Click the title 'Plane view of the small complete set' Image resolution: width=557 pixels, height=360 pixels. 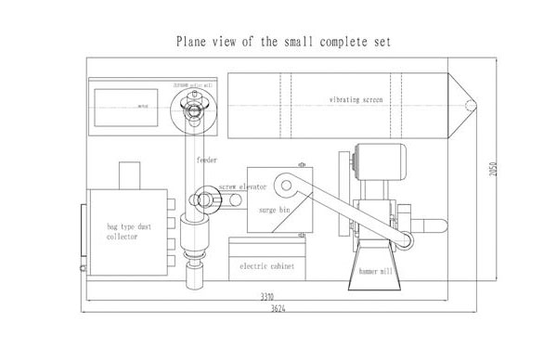tap(278, 42)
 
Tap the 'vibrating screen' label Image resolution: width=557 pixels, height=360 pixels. tap(356, 97)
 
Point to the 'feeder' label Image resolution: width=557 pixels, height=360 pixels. tap(207, 160)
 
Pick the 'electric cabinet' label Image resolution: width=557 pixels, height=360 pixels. tap(266, 266)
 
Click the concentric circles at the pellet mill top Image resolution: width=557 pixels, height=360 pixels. tap(194, 109)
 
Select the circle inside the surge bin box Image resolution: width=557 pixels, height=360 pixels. tap(289, 186)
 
